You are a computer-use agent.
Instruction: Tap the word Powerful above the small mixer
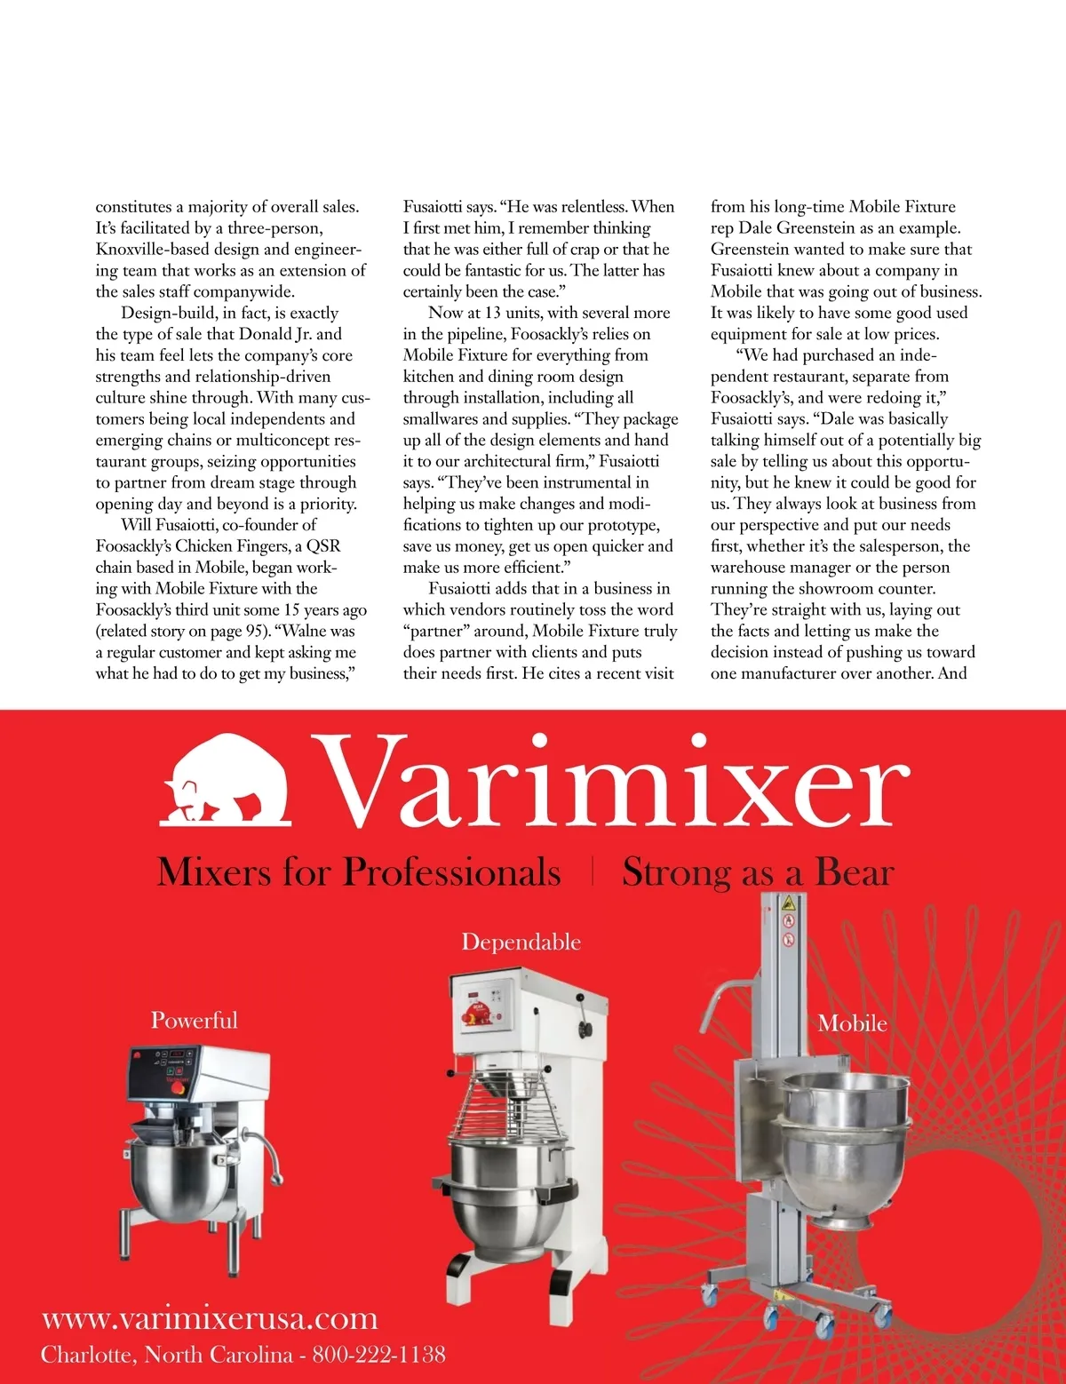(x=194, y=1020)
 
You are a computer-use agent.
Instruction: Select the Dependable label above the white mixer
(x=521, y=942)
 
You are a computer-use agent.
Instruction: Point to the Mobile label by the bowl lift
(x=852, y=1023)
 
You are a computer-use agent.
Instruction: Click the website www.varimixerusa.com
(x=210, y=1318)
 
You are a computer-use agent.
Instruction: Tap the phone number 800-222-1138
(x=378, y=1355)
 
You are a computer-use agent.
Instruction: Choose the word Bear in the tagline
(x=854, y=872)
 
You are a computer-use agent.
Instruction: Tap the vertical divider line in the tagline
(x=593, y=871)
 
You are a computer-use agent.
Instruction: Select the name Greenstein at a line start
(x=752, y=250)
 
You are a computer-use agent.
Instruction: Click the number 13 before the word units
(x=493, y=313)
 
